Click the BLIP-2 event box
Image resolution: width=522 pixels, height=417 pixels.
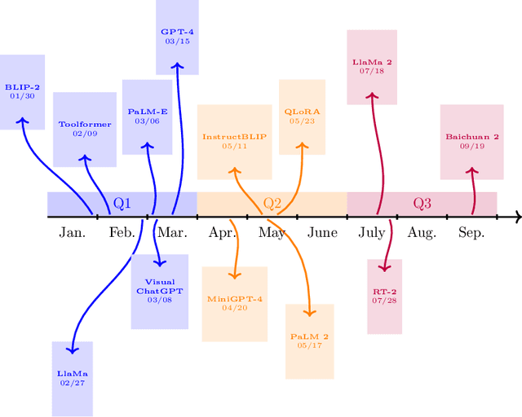click(x=22, y=91)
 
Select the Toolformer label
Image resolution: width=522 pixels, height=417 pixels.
click(x=84, y=129)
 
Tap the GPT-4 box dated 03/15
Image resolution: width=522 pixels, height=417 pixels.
click(x=177, y=37)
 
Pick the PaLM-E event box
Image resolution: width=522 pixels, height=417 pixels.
click(x=148, y=116)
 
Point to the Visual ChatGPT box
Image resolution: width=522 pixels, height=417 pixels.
click(x=159, y=291)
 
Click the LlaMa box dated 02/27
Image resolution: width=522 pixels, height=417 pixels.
click(x=72, y=378)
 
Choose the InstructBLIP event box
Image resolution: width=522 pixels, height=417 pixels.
click(x=234, y=142)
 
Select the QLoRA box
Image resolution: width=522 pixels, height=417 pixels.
click(x=302, y=116)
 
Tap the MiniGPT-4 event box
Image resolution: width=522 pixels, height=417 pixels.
click(x=234, y=303)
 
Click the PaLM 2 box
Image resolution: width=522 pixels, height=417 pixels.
click(x=309, y=340)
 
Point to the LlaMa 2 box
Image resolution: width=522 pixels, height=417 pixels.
click(x=372, y=67)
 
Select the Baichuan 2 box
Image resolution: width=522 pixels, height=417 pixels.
click(x=472, y=142)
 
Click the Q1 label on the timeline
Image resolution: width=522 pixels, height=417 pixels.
click(x=122, y=203)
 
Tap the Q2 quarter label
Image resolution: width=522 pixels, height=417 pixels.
click(x=272, y=203)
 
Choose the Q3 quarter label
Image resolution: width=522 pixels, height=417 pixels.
click(x=422, y=203)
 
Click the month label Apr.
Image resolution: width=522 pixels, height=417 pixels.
click(x=222, y=233)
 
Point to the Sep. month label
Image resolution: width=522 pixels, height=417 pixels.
click(x=471, y=233)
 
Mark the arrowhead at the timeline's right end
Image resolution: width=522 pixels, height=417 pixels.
click(x=516, y=217)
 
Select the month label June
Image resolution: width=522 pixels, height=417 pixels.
click(x=322, y=233)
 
